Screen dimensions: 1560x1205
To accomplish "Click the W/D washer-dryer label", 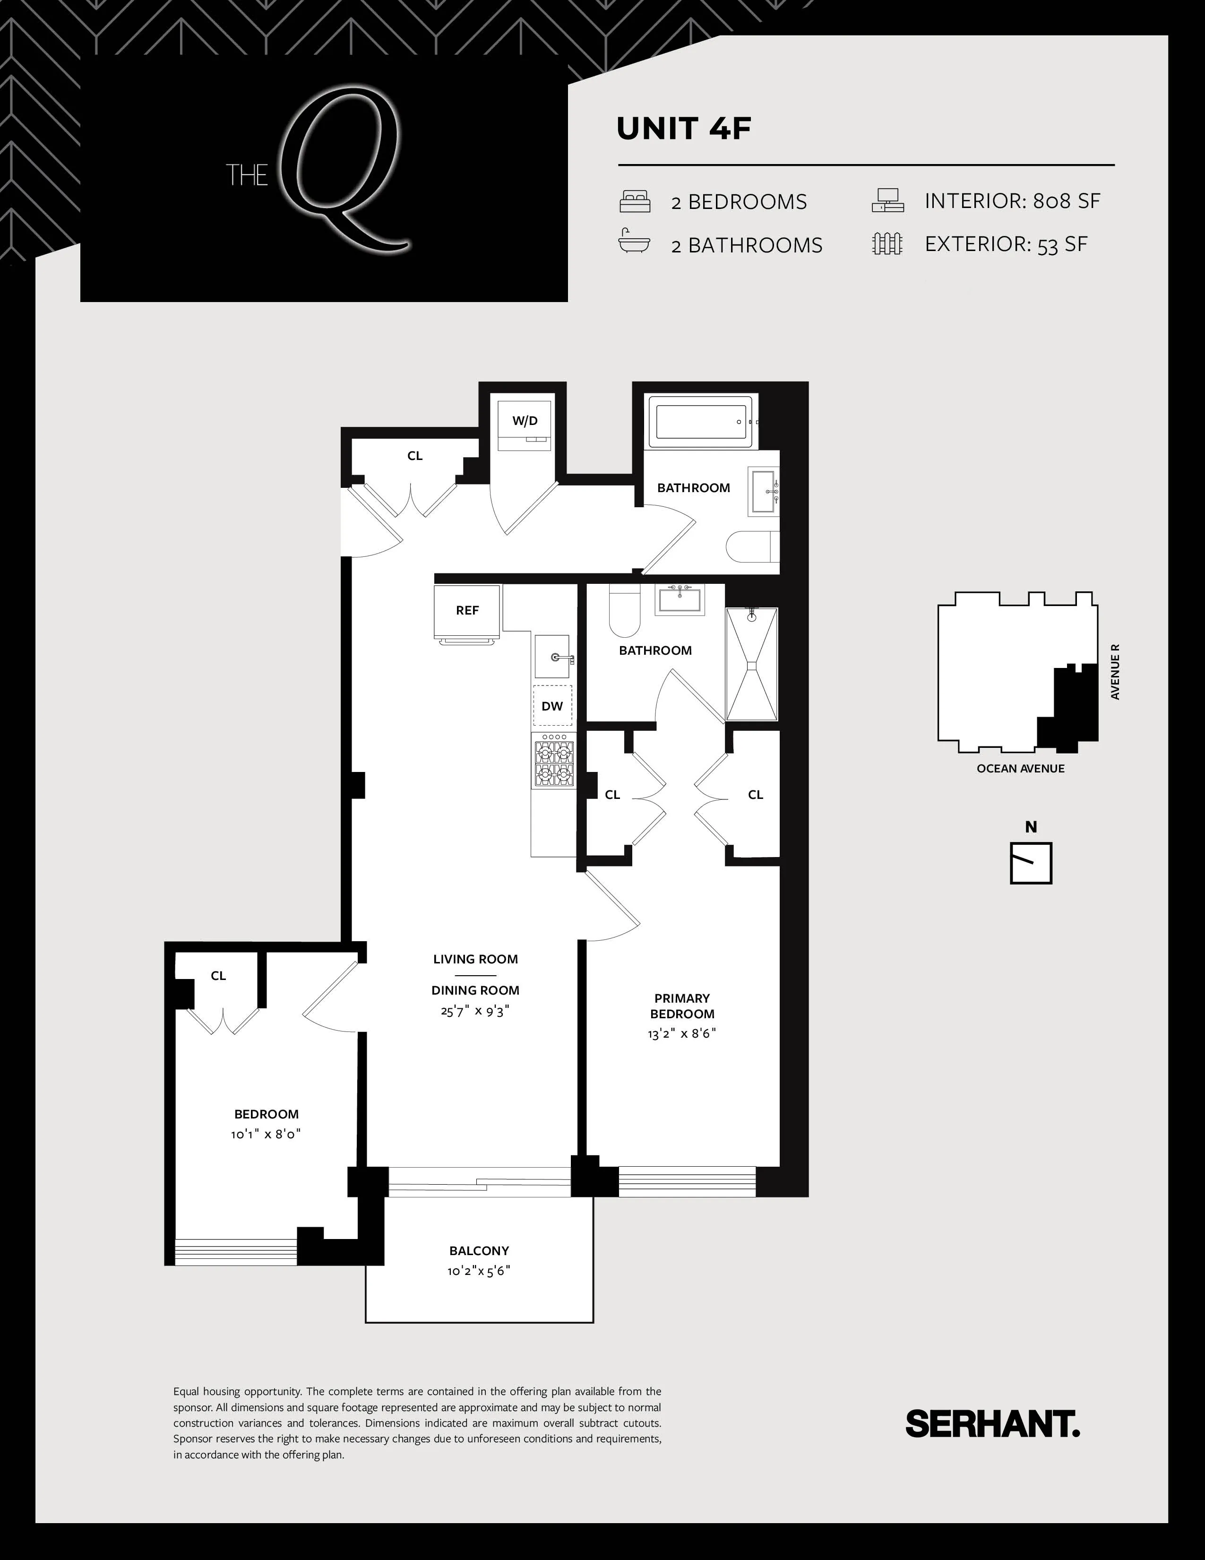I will [525, 421].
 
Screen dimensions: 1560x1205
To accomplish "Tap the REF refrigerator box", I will [467, 611].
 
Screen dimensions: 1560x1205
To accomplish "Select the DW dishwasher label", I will [552, 706].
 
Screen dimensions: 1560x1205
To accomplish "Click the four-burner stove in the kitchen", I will [553, 762].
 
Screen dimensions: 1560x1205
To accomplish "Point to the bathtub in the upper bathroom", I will [703, 422].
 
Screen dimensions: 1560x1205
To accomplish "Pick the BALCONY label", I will [479, 1251].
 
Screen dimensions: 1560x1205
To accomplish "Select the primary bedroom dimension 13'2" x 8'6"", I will [682, 1033].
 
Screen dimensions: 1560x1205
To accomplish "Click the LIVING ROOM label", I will [475, 959].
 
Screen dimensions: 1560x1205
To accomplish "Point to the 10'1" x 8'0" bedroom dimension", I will [266, 1134].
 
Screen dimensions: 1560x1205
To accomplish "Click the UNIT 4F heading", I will [684, 129].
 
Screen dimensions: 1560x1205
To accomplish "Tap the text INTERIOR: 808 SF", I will [1012, 201].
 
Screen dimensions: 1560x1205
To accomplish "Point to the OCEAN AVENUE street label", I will [1020, 769].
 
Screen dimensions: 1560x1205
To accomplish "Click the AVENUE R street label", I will [1115, 671].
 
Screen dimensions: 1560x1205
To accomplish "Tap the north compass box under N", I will [1031, 863].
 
